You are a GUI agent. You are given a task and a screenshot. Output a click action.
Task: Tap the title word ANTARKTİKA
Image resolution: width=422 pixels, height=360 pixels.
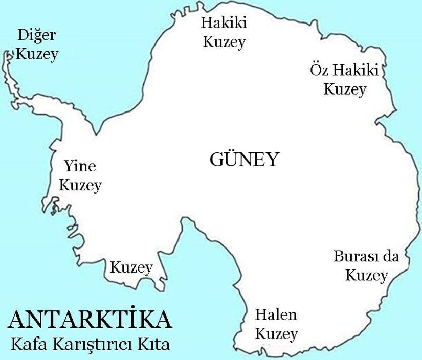(x=90, y=319)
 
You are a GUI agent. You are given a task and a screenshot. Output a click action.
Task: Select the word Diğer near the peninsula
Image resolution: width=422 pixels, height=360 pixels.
(x=36, y=36)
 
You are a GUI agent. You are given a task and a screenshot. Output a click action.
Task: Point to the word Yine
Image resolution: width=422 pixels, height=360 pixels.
(x=79, y=166)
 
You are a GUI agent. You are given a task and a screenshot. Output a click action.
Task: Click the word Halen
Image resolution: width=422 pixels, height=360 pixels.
(x=276, y=315)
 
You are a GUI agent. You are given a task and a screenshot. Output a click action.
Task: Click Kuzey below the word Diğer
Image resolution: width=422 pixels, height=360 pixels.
(x=36, y=55)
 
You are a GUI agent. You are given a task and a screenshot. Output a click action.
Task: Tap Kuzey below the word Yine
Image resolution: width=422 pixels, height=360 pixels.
(x=80, y=185)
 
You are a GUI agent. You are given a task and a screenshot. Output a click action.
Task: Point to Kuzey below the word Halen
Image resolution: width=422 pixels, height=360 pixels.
(x=276, y=334)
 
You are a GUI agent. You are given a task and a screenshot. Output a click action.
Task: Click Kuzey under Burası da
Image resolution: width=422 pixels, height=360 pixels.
(x=366, y=275)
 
